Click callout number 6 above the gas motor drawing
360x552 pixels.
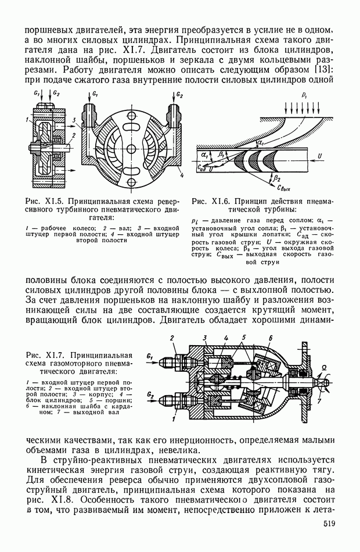(271, 338)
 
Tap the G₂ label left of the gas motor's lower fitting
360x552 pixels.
(150, 393)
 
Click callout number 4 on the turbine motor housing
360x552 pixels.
(182, 174)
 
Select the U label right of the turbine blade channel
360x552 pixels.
(319, 156)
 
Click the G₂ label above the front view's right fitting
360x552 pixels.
(180, 95)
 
